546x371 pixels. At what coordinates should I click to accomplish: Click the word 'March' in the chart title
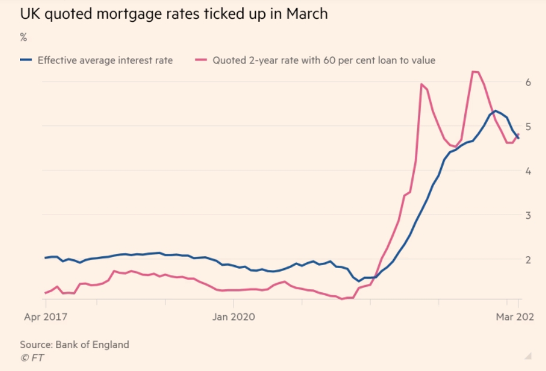point(307,14)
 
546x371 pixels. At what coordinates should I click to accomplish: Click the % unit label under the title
point(24,37)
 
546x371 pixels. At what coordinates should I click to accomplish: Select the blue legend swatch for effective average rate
point(26,60)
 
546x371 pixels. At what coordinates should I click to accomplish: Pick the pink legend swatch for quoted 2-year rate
point(201,60)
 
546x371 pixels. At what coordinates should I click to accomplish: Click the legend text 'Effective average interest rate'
point(105,60)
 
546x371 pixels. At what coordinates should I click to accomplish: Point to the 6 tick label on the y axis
point(528,82)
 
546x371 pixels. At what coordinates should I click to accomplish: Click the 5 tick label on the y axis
point(528,126)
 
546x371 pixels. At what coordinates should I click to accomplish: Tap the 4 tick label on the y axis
point(528,171)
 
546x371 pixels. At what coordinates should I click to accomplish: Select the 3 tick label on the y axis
point(528,215)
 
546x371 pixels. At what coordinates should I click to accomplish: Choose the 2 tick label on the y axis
point(528,260)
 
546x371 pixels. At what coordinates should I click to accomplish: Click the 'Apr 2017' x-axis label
point(46,317)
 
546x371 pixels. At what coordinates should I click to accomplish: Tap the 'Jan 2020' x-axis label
point(234,317)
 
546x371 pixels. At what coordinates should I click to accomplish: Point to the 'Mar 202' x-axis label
point(515,317)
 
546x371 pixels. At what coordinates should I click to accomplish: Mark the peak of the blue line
point(495,111)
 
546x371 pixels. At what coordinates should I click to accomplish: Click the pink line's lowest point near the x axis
point(342,299)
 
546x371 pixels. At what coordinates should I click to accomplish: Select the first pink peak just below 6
point(421,84)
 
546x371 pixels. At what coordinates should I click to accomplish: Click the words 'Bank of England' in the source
point(92,345)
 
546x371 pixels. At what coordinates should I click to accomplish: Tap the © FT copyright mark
point(32,358)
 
